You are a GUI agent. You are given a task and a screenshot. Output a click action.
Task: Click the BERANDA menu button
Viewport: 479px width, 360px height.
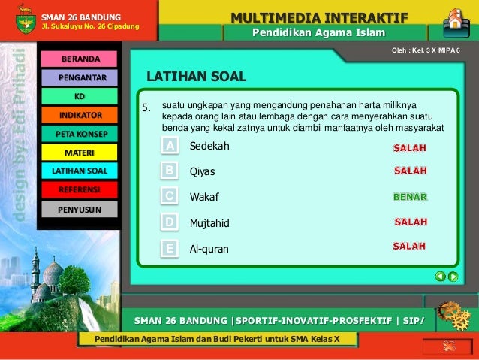point(80,59)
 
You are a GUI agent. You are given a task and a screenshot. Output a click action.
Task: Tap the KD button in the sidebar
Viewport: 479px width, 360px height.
point(80,96)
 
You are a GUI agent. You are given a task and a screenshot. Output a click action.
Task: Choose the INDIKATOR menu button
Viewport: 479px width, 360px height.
point(80,115)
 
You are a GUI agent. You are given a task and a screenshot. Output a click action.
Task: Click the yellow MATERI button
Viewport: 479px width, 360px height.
point(80,153)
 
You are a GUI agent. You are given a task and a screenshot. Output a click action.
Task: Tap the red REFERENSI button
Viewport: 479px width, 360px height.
point(80,189)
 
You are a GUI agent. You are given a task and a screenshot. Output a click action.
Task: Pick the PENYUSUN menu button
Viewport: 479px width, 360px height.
point(80,208)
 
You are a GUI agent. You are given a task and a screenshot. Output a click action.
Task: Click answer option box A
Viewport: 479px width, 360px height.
point(170,145)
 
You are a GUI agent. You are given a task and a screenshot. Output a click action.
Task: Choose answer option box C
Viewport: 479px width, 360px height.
point(170,196)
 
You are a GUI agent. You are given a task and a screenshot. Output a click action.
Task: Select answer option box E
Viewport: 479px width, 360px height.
point(170,248)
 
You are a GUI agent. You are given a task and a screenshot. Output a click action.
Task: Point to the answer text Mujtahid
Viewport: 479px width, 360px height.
point(209,223)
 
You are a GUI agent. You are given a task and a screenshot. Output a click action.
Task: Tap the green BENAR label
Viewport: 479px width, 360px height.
point(410,197)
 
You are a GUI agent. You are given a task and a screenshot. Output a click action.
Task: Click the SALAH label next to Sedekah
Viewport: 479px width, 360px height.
point(411,147)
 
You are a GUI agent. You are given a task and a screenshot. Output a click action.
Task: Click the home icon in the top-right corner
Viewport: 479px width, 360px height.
point(455,20)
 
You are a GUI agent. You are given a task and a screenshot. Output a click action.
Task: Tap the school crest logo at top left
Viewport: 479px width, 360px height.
point(25,20)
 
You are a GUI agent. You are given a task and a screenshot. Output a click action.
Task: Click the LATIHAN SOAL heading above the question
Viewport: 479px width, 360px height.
point(196,77)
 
